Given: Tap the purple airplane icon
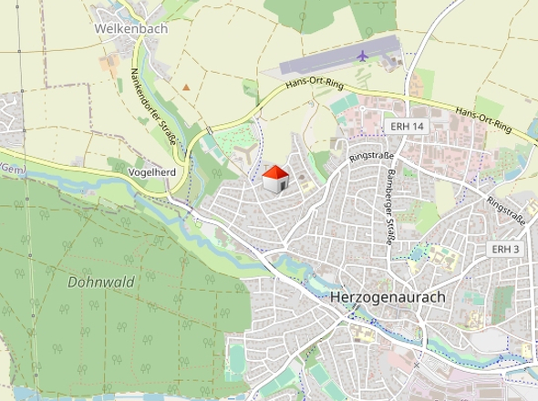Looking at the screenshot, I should click(x=363, y=56).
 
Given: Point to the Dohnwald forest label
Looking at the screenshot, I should click(x=100, y=282).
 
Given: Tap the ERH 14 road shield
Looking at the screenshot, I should click(x=406, y=126).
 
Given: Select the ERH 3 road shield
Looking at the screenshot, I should click(x=505, y=249).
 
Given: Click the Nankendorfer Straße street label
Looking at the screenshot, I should click(x=147, y=98).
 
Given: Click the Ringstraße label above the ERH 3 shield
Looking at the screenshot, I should click(x=507, y=211).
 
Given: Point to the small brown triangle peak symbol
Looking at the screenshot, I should click(x=187, y=87).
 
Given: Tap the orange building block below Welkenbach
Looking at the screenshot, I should click(x=109, y=63).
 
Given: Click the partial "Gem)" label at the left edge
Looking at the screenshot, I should click(x=11, y=170).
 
